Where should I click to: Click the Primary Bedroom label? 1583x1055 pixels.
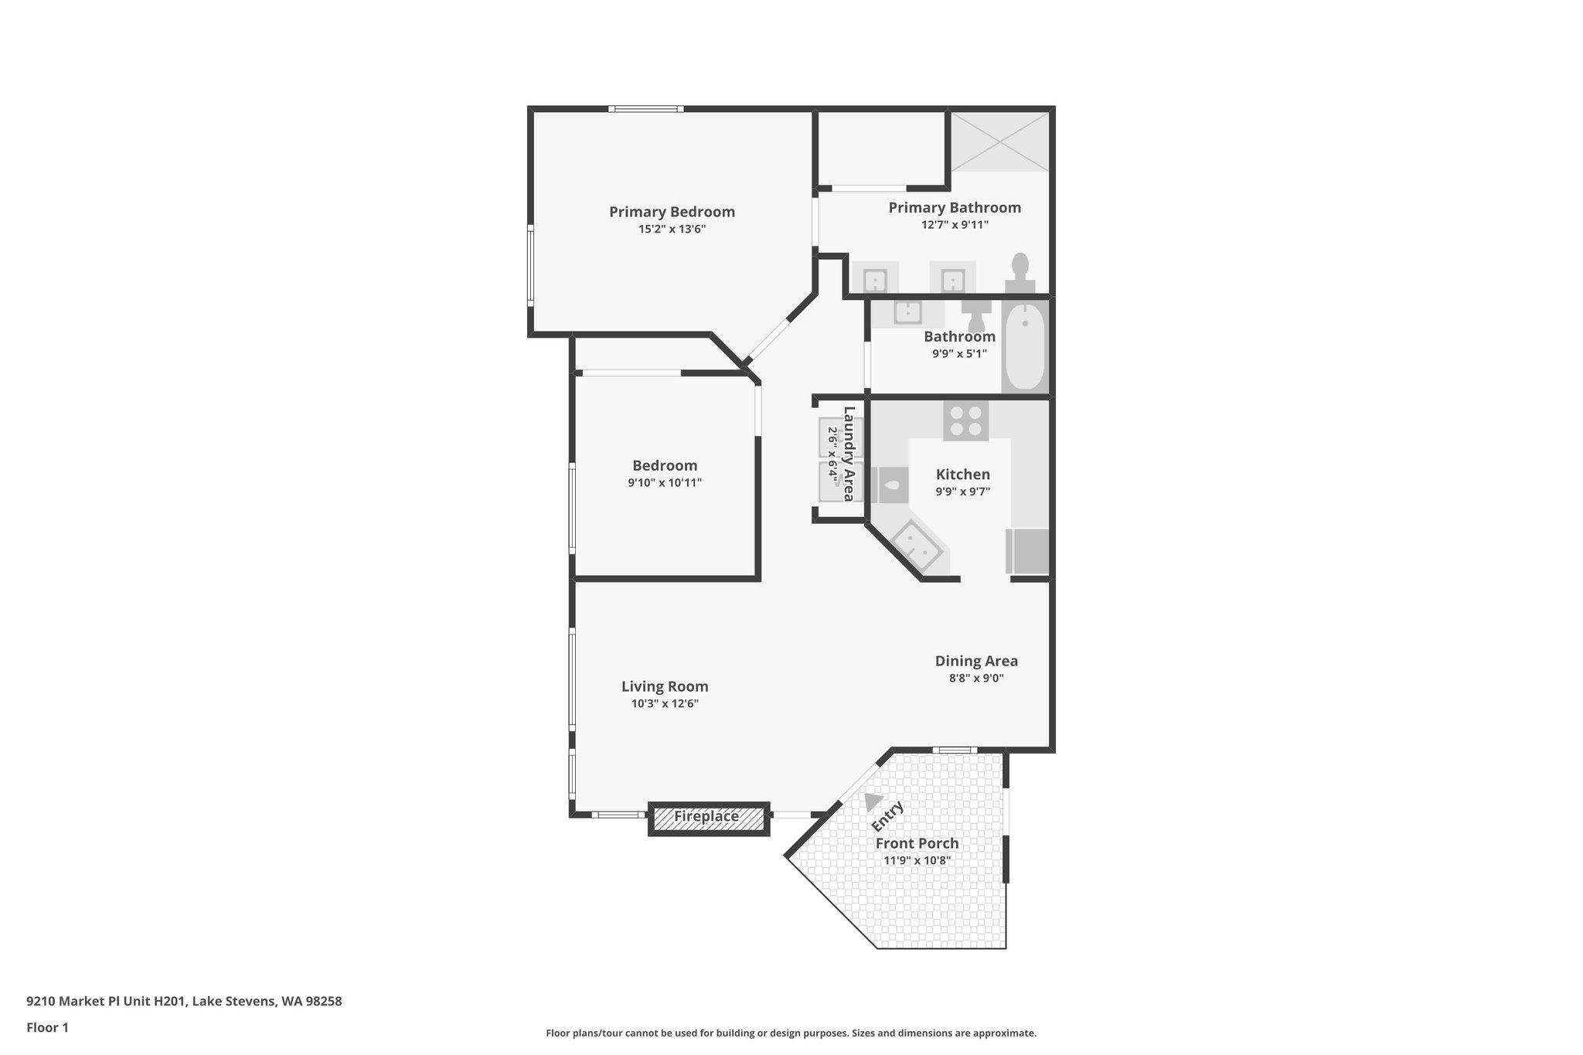click(x=672, y=212)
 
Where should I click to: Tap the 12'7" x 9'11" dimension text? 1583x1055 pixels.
click(x=955, y=225)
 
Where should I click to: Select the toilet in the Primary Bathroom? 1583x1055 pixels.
click(x=1020, y=272)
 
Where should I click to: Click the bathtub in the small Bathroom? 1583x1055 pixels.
click(x=1025, y=347)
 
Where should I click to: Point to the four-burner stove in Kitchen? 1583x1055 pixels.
click(x=965, y=421)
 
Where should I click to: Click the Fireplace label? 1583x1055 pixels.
click(x=706, y=816)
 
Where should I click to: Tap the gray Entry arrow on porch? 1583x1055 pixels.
click(x=873, y=801)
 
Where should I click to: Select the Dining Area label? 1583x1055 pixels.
click(x=976, y=661)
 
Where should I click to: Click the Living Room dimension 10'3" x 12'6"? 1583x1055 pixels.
click(x=665, y=703)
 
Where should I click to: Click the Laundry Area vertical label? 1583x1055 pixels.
click(x=849, y=454)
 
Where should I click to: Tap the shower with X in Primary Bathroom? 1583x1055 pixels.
click(x=999, y=141)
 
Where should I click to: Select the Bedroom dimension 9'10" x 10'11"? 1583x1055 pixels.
click(x=665, y=482)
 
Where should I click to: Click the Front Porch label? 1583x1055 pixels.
click(x=917, y=843)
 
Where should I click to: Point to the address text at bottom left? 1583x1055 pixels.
click(x=184, y=1001)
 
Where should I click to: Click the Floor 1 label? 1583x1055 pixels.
click(x=47, y=1027)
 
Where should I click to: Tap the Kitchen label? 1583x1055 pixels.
click(x=962, y=475)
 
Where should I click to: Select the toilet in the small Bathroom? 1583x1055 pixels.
click(x=976, y=315)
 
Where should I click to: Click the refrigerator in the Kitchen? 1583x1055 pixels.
click(x=1029, y=551)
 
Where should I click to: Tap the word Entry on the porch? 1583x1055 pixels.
click(x=887, y=817)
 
